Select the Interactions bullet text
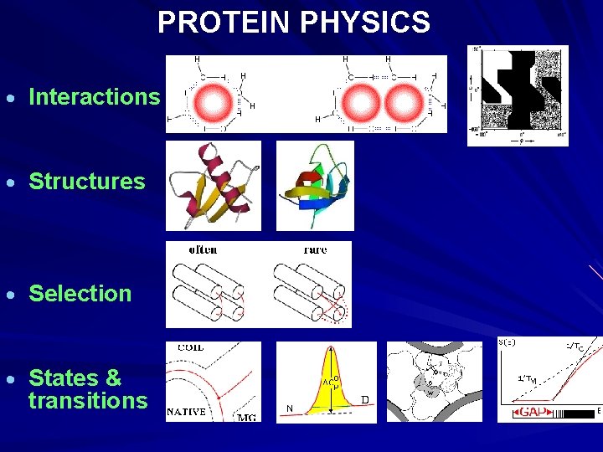tap(94, 97)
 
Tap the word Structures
tap(87, 182)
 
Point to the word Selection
tap(80, 294)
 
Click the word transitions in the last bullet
tap(88, 401)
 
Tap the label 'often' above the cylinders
tap(203, 249)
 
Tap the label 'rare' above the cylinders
tap(315, 249)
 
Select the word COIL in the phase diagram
tap(190, 347)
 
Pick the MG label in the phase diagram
tap(246, 417)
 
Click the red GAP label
tap(529, 412)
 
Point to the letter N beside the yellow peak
tap(289, 408)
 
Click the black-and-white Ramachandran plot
tap(517, 94)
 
